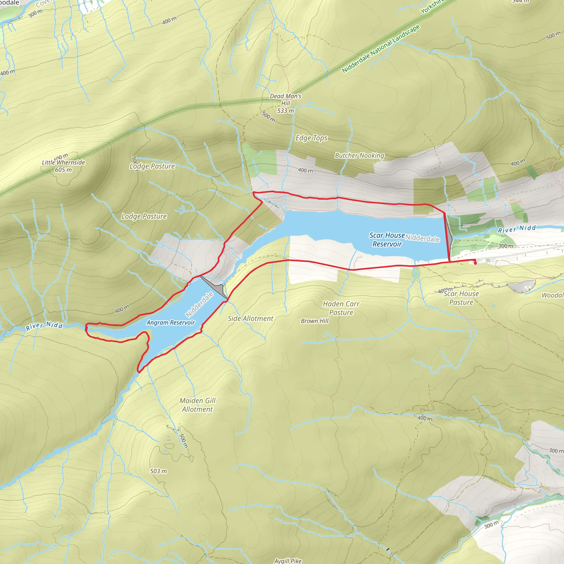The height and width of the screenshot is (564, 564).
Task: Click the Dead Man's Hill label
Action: [285, 103]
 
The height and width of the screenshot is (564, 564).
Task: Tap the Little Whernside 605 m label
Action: [63, 166]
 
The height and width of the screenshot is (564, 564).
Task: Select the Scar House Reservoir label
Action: [387, 239]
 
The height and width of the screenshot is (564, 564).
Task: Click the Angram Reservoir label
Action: [170, 322]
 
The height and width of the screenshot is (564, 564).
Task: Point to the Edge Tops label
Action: [311, 138]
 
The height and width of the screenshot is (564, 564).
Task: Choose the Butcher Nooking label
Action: [359, 155]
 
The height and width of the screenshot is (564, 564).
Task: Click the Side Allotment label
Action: [251, 319]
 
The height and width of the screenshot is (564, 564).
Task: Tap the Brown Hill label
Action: [314, 321]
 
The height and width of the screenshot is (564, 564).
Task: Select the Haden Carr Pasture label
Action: [341, 308]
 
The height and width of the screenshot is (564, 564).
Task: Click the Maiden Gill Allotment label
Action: [197, 405]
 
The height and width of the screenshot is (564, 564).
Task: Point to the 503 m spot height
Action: [158, 471]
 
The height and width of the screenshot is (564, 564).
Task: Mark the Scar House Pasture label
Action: [461, 298]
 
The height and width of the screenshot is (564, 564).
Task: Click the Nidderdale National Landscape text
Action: [381, 49]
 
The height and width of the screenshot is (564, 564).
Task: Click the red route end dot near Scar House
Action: [475, 263]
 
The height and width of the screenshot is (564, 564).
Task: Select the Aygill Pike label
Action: [288, 561]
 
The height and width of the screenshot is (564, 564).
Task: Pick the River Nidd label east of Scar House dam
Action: [517, 229]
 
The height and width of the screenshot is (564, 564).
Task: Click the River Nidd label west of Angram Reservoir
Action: [44, 326]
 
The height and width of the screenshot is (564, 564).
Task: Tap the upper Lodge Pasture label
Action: [152, 166]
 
